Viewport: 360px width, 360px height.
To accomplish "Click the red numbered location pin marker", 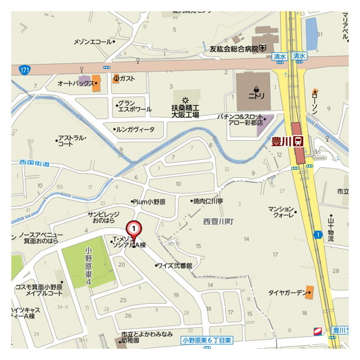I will (x=133, y=229).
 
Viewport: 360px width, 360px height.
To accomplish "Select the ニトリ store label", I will (x=256, y=96).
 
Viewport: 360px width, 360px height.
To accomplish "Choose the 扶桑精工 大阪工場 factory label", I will (x=185, y=110).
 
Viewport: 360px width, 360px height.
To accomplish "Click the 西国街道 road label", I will (x=34, y=164).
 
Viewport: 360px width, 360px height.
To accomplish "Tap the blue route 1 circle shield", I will (x=318, y=235).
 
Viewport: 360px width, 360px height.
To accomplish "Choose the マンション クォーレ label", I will (x=282, y=212).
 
